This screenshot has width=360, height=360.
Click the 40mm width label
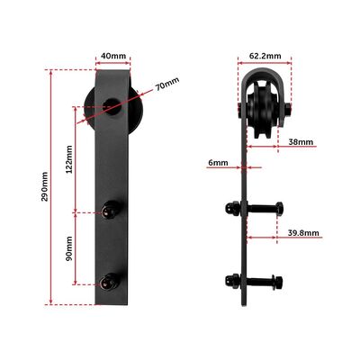112,56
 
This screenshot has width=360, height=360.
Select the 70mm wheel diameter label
166,84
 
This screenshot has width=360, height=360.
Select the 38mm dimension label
301,142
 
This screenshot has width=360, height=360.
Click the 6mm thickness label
216,163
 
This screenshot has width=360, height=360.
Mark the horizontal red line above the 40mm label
112,65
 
